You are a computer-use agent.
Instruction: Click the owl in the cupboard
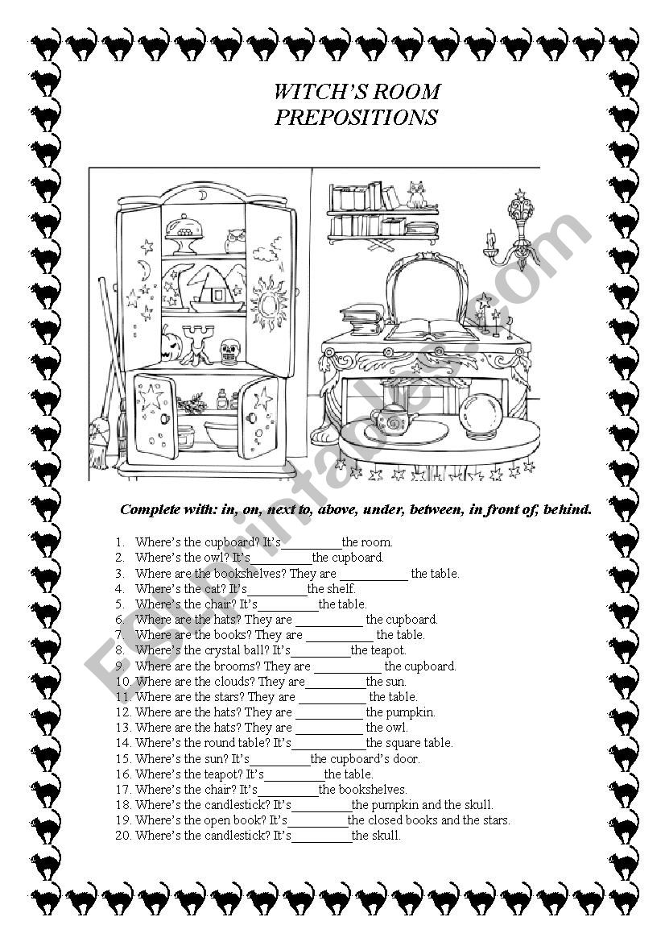pyautogui.click(x=236, y=239)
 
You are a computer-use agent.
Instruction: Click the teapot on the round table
pyautogui.click(x=392, y=421)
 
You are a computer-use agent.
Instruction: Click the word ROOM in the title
pyautogui.click(x=407, y=91)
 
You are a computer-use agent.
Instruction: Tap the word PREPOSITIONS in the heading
pyautogui.click(x=356, y=118)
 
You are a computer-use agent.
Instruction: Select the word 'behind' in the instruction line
pyautogui.click(x=568, y=508)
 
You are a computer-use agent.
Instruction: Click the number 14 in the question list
pyautogui.click(x=123, y=743)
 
